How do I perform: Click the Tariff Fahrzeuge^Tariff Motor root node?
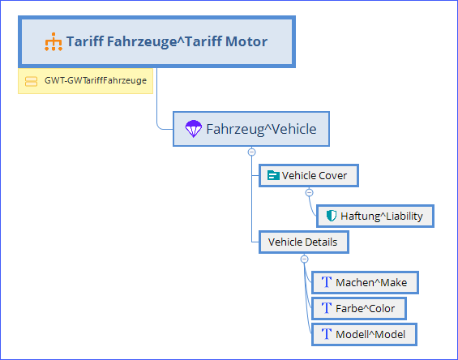point(156,42)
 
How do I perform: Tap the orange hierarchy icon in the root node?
point(54,42)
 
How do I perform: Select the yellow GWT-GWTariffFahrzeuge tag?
point(85,81)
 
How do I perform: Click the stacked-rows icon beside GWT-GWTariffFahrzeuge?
point(31,81)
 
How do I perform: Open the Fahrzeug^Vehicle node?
point(251,129)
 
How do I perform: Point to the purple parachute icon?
point(194,129)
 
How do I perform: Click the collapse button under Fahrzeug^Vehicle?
point(251,152)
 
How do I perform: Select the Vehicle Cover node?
point(309,176)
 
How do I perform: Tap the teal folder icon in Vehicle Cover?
point(273,175)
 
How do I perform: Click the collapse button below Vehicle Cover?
point(310,192)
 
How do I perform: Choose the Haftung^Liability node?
point(375,216)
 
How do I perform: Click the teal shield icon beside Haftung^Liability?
point(332,216)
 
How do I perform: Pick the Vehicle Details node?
point(304,242)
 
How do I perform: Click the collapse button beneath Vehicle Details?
point(304,259)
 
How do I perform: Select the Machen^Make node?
point(365,282)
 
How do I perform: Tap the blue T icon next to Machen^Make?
point(327,282)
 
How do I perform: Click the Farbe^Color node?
point(359,309)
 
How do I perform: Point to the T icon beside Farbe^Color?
point(327,308)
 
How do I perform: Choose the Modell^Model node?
point(364,335)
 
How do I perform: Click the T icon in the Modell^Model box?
point(327,334)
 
